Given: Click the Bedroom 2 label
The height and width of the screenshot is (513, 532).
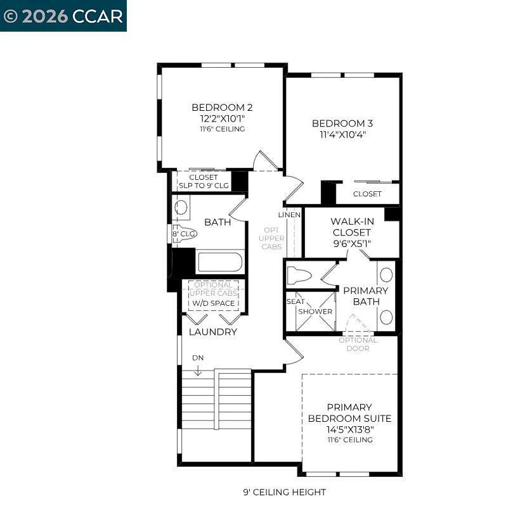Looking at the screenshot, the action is pos(222,108).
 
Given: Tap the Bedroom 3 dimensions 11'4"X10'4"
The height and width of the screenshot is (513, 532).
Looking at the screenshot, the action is pos(342,134).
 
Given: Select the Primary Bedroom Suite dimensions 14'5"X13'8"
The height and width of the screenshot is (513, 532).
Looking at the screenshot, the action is pos(350,429).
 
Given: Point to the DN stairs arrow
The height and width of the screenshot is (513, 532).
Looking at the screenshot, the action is pos(198,370).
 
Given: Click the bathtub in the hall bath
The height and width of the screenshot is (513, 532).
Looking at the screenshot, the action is pos(220,262).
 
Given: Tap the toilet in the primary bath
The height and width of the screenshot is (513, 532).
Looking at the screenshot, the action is pos(299,275).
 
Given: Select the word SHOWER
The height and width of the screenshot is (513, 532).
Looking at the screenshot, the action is pos(315,312).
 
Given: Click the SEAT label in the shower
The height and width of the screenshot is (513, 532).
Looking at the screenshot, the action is pos(295,301).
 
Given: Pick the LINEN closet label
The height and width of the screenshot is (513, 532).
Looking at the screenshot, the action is pos(289,215).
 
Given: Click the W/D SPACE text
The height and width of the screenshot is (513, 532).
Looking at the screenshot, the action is pos(214,303).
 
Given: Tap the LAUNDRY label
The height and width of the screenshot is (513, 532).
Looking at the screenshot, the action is pos(212,332).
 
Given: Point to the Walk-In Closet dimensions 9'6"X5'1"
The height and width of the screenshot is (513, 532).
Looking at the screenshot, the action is pos(352,244).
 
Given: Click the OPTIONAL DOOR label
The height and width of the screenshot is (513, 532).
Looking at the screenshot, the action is pos(358,345).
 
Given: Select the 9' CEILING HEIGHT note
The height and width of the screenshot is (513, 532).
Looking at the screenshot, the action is pos(284,492).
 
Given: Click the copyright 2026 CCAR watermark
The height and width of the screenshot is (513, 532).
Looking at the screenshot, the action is pos(63,16).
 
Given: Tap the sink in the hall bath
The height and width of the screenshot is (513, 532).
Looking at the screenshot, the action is pos(181,207).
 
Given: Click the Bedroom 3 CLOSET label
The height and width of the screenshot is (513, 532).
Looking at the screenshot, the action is pos(367,194).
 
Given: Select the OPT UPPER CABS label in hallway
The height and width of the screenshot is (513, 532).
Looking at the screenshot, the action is pos(271,238).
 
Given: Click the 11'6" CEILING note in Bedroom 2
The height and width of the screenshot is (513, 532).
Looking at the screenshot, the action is pos(222,129).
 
